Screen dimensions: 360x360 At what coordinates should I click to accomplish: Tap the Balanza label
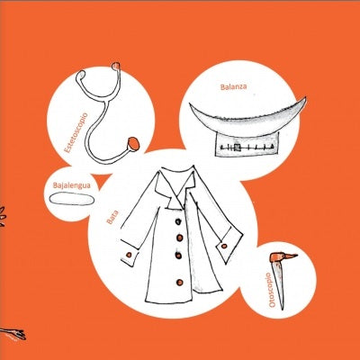point(233,87)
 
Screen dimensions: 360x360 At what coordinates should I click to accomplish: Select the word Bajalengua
point(72,185)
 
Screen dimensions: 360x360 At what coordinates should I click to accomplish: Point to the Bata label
point(112,217)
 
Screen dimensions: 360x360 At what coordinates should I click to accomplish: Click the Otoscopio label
point(272,290)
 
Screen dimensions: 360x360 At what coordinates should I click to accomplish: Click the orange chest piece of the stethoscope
point(133,144)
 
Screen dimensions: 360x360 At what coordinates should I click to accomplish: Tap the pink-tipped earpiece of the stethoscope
point(116,66)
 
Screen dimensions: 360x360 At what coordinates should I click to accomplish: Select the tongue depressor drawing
point(72,199)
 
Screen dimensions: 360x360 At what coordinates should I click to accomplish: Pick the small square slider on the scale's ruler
point(238,148)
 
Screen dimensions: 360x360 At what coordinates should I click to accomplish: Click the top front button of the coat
point(178,221)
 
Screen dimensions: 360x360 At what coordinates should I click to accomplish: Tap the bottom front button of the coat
point(180,283)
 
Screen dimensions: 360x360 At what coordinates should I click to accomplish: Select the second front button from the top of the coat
point(180,238)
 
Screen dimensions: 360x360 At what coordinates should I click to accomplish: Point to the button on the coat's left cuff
point(129,255)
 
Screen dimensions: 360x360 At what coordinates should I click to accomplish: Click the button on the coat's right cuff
point(224,247)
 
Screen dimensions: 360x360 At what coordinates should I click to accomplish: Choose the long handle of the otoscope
point(279,284)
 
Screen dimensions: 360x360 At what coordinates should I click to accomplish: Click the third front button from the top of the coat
point(178,256)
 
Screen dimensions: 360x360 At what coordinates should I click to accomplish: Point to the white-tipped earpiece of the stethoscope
point(79,76)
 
